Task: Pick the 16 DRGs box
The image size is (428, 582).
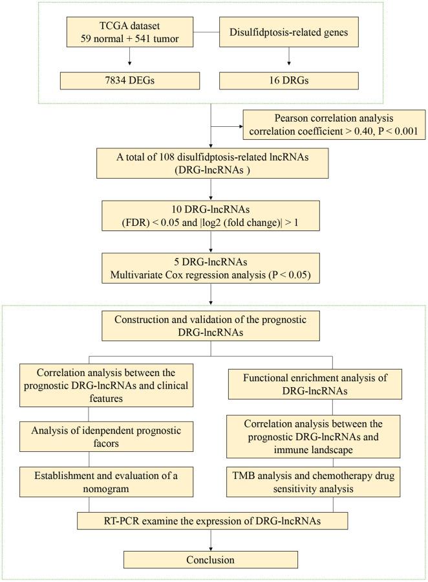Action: (288, 81)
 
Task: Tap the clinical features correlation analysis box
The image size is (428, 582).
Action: (107, 385)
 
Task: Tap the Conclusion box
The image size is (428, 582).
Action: (211, 559)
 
